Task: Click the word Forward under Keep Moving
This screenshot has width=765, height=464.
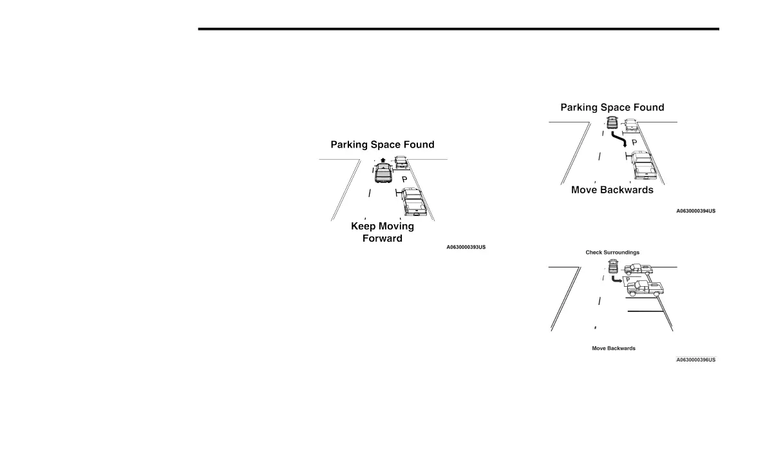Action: (x=382, y=238)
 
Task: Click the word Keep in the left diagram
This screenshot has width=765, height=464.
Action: (x=364, y=226)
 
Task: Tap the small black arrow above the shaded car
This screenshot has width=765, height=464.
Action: (x=383, y=160)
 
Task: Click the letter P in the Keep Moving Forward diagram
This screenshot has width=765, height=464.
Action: (x=404, y=180)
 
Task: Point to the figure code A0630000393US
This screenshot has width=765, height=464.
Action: (x=466, y=247)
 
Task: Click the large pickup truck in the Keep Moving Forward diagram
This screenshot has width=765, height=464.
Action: (x=411, y=200)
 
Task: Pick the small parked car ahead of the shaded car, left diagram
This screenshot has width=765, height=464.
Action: (x=401, y=162)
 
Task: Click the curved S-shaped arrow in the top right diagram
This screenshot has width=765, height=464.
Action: (x=619, y=140)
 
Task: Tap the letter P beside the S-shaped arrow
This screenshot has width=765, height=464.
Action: (x=634, y=142)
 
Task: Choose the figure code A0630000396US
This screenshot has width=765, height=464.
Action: (x=695, y=360)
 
